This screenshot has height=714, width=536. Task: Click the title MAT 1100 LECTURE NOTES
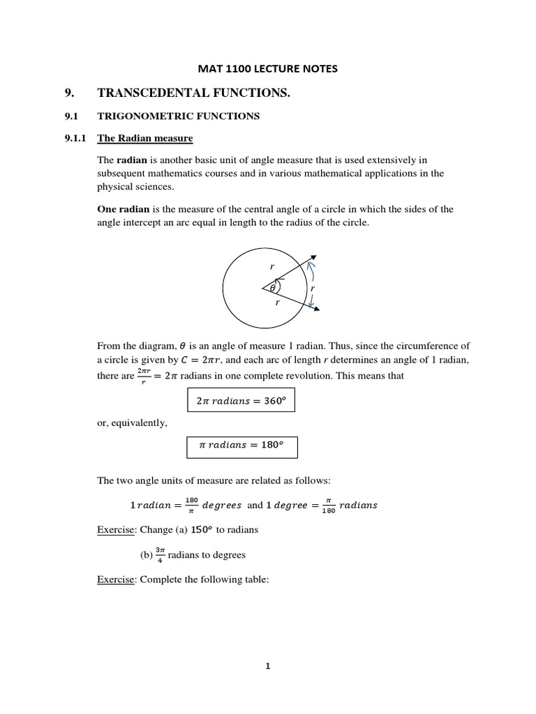click(x=269, y=68)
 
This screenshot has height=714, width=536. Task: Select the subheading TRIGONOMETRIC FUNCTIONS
click(x=178, y=116)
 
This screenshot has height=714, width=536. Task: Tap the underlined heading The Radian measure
click(x=144, y=138)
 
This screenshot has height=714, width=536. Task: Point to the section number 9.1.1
click(x=75, y=138)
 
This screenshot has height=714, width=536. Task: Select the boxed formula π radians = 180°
click(x=242, y=446)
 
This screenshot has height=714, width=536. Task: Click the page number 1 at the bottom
click(x=267, y=666)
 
